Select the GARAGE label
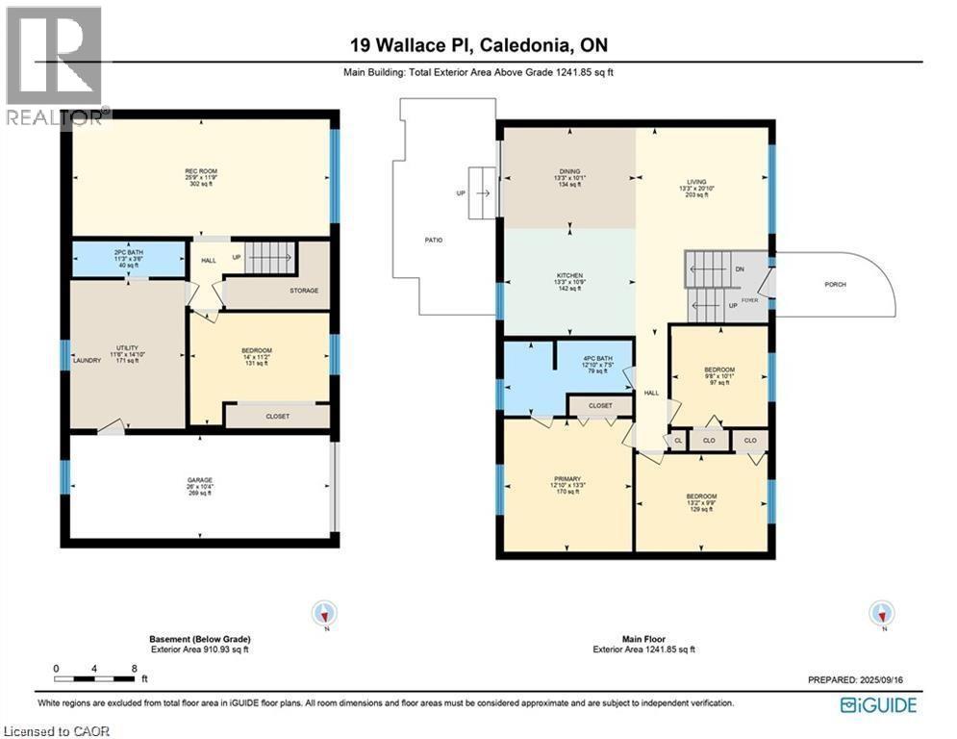tap(199, 480)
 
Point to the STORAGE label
tap(305, 290)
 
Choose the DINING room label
tap(567, 172)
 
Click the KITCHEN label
tap(570, 275)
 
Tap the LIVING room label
tap(696, 182)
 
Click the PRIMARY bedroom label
tap(567, 477)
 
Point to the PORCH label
tap(835, 285)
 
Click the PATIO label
tap(434, 239)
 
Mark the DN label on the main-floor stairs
tap(739, 268)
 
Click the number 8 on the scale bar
tap(134, 667)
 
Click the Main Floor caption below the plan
tap(636, 639)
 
